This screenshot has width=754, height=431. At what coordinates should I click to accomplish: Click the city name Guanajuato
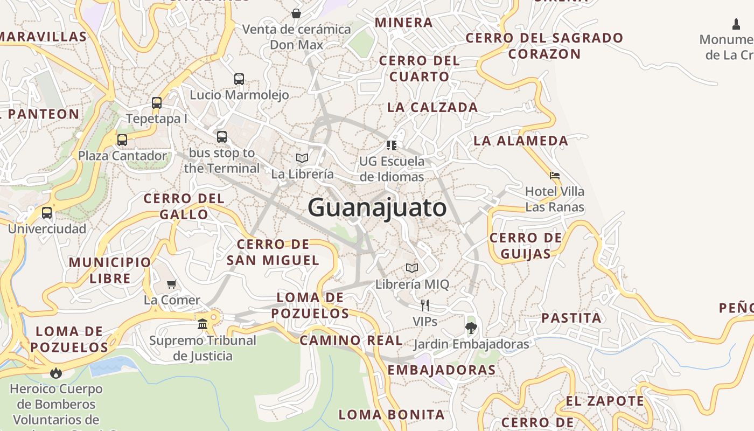(377, 208)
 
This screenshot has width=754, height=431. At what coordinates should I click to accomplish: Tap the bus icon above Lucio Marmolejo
(239, 79)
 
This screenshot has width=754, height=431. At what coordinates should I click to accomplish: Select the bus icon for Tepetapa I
(157, 102)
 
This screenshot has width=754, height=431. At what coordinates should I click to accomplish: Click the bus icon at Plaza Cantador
(122, 140)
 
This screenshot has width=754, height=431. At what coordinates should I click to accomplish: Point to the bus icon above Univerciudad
(47, 213)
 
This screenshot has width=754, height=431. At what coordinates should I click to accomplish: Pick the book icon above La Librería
(302, 158)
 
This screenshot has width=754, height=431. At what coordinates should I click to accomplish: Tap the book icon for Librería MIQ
(412, 268)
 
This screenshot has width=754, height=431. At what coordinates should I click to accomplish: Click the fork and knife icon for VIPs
(425, 305)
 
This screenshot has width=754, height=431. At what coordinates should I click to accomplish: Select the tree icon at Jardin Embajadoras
(471, 328)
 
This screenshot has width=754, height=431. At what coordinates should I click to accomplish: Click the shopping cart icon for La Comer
(172, 284)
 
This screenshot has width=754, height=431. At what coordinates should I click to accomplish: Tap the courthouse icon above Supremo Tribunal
(203, 324)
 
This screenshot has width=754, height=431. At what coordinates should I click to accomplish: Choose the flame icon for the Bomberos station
(55, 372)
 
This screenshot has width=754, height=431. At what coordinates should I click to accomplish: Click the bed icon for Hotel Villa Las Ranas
(555, 176)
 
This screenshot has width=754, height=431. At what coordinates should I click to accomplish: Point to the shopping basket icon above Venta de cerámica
(296, 13)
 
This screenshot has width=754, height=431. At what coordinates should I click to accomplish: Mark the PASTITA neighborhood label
(571, 318)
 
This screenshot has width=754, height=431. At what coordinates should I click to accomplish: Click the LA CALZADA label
(432, 107)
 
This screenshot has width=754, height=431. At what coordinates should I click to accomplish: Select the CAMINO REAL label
(351, 340)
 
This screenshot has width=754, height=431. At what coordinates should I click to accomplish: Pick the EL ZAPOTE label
(605, 401)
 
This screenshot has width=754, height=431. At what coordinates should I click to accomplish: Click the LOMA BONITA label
(392, 414)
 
